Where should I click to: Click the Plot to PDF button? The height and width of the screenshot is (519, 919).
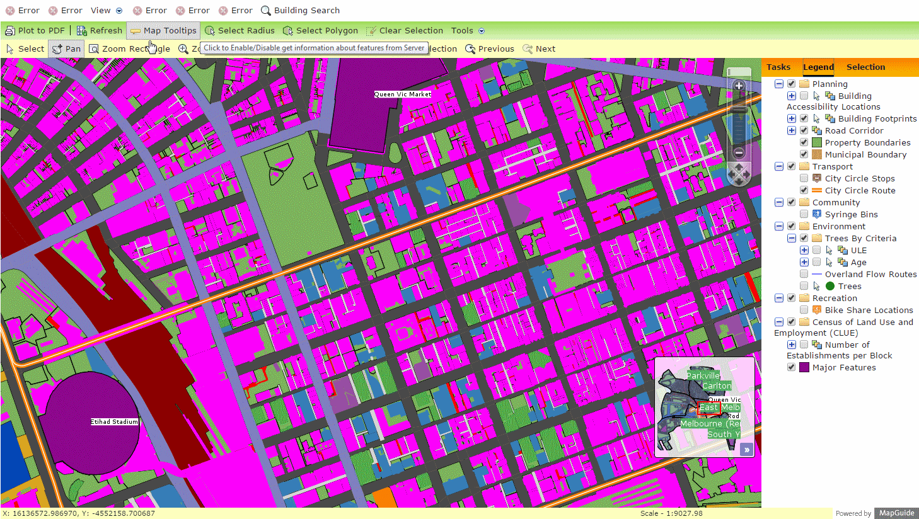click(x=35, y=30)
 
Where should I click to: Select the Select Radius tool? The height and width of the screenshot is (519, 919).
click(x=240, y=30)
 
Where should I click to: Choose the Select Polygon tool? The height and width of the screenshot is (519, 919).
click(x=320, y=30)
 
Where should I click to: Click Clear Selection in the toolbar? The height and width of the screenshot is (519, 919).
click(x=404, y=30)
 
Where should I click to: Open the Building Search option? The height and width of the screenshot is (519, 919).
click(x=300, y=10)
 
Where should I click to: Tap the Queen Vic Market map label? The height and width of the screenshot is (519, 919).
click(x=402, y=94)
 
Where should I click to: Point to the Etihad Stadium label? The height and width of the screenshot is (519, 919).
click(x=114, y=422)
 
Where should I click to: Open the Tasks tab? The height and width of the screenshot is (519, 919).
click(x=778, y=67)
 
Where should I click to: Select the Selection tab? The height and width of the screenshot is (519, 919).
click(x=865, y=67)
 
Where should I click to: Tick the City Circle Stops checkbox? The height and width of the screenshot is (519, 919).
click(x=804, y=178)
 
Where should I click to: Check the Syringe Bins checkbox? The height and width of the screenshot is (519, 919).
click(x=804, y=214)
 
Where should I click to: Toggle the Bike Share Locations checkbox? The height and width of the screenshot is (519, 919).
click(x=804, y=310)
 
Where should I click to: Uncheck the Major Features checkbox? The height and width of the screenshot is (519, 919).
click(x=791, y=367)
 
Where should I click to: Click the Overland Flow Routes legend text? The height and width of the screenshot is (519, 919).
click(x=870, y=274)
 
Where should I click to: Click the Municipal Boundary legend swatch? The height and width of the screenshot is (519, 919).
click(x=817, y=154)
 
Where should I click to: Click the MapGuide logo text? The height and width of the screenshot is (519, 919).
click(x=896, y=513)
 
